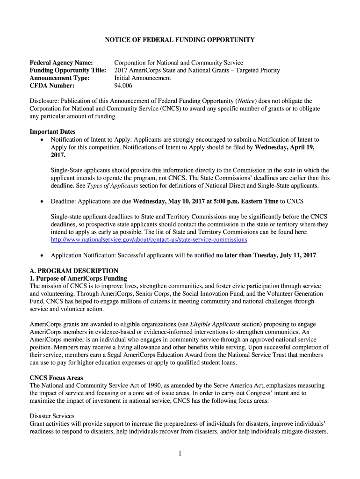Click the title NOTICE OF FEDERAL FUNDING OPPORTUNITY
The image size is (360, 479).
pyautogui.click(x=180, y=40)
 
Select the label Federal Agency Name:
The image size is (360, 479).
pyautogui.click(x=61, y=63)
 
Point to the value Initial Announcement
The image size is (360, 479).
pyautogui.click(x=143, y=78)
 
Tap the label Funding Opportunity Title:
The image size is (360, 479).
pyautogui.click(x=68, y=70)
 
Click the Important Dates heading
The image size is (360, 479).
pyautogui.click(x=52, y=131)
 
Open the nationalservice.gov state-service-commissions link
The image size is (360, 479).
pyautogui.click(x=149, y=239)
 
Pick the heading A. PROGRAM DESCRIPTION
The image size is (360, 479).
pyautogui.click(x=74, y=270)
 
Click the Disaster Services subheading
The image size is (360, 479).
pyautogui.click(x=52, y=416)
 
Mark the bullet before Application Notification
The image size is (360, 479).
pyautogui.click(x=43, y=255)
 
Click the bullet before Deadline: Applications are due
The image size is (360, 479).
pyautogui.click(x=43, y=202)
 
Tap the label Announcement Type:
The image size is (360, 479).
pyautogui.click(x=59, y=78)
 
